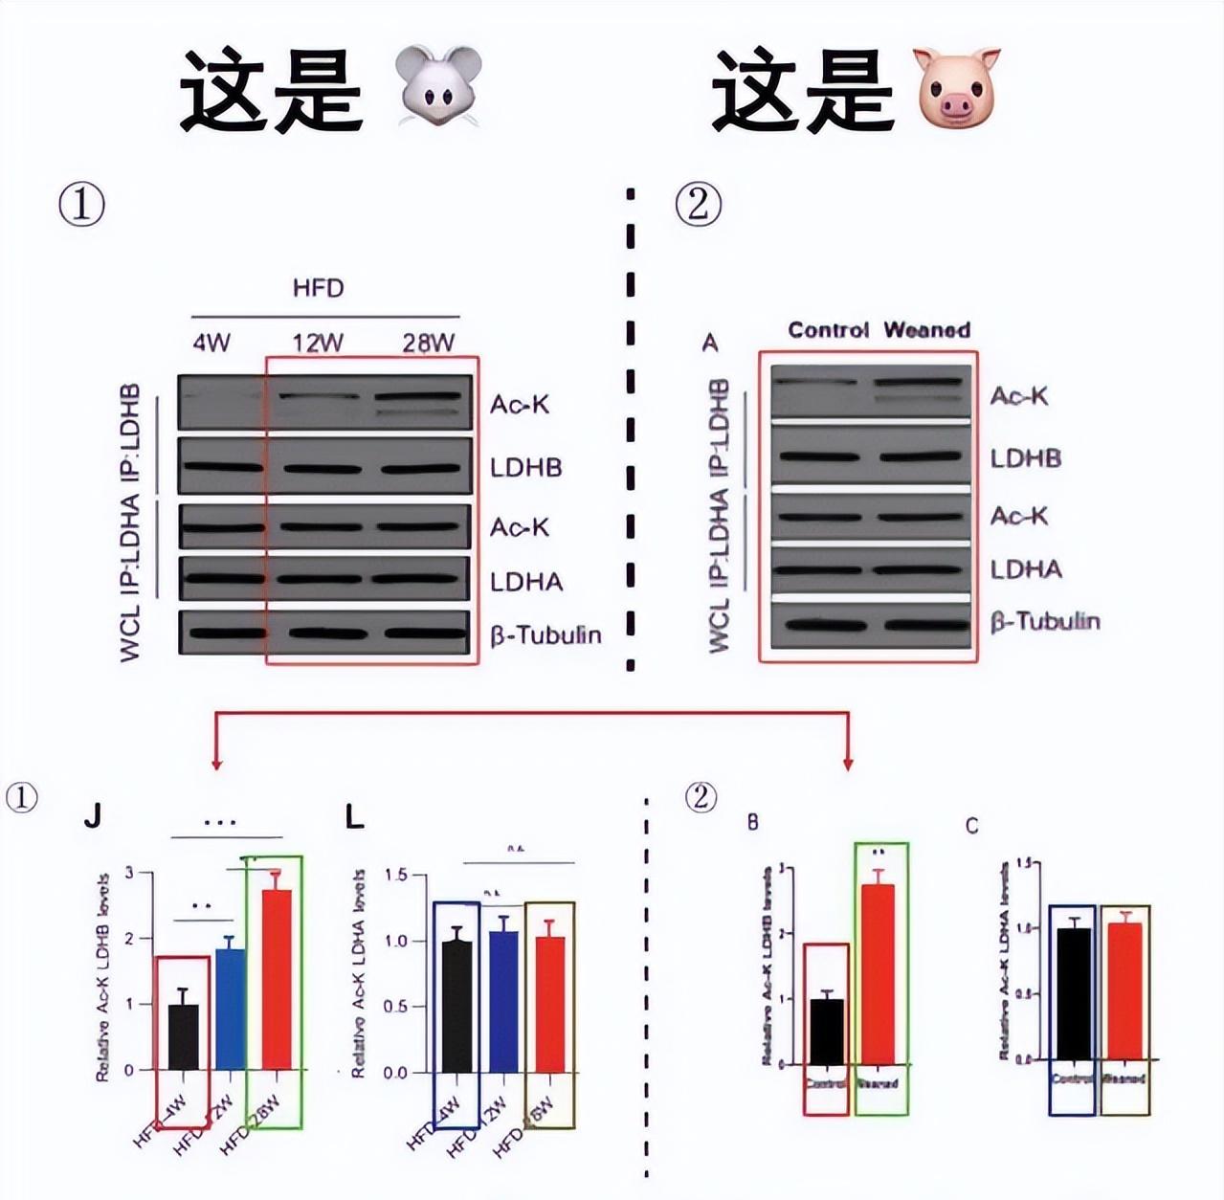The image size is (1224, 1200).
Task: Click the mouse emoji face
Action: coord(439,86)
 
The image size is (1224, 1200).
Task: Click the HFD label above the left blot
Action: coord(318,288)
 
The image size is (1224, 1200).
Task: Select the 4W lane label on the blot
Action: coord(211,343)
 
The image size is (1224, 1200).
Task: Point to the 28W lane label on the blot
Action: coord(428,343)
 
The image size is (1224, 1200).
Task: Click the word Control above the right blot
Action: coord(828,330)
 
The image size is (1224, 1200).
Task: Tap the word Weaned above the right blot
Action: coord(926,330)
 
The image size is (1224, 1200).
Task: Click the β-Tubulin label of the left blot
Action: coord(545,634)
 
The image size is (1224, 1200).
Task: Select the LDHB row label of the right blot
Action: coord(1025,458)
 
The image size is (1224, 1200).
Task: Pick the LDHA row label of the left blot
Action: coord(526,582)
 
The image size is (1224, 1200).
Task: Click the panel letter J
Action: coord(92,816)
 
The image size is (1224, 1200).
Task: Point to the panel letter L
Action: coord(354,816)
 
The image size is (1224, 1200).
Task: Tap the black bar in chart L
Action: coord(456,1006)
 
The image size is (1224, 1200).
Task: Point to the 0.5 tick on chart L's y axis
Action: coord(396,1007)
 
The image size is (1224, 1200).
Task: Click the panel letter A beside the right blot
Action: coord(710,343)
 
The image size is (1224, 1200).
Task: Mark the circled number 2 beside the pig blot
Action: coord(699,205)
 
